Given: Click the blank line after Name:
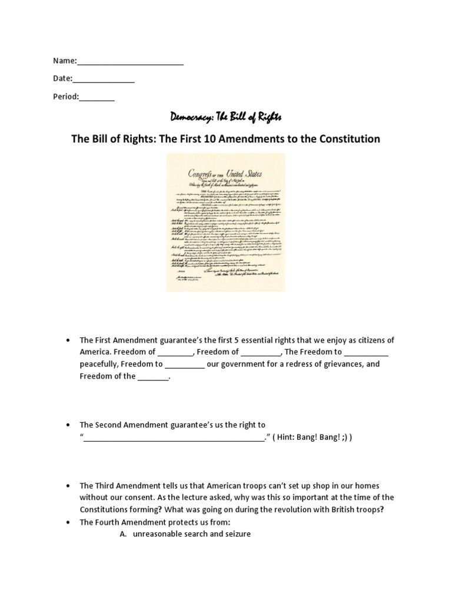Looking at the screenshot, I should pos(130,62).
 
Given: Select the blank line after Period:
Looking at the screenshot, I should pos(97,97).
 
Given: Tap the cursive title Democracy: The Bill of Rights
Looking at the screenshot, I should pos(226,117).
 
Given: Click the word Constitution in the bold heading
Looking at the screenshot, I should pos(348,139).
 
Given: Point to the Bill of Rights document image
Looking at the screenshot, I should pos(226,222).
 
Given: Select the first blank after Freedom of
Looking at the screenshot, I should pos(175,353).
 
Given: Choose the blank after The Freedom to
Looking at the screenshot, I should pos(366,353).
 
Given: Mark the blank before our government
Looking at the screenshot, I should pos(185,365).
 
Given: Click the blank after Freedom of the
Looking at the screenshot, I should pos(153,377).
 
